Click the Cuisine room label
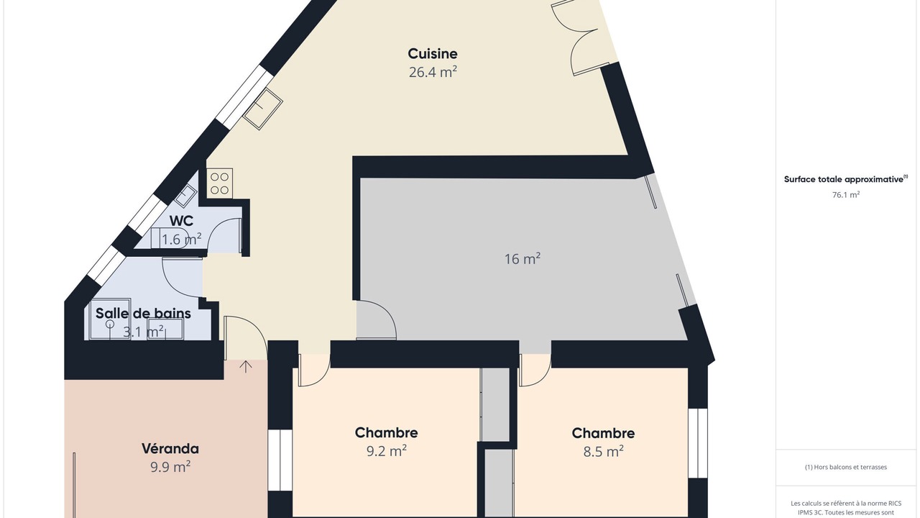click(433, 54)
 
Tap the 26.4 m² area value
click(433, 73)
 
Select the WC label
click(181, 221)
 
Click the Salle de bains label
click(143, 313)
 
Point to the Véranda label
click(170, 448)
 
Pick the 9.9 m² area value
click(170, 467)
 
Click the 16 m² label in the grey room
click(523, 259)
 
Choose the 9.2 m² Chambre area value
click(387, 451)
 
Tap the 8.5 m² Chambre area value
click(603, 452)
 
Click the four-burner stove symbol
click(219, 183)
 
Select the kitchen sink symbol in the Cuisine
click(263, 109)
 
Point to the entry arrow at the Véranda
click(246, 367)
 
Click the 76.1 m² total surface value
click(846, 195)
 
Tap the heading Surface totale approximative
click(846, 179)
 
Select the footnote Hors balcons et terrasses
click(846, 467)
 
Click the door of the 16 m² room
click(376, 320)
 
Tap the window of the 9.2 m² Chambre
click(280, 460)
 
